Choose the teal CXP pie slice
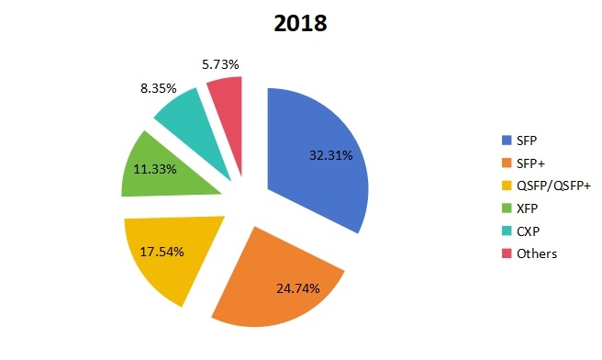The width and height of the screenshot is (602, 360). (x=188, y=119)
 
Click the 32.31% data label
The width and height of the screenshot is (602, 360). (x=327, y=155)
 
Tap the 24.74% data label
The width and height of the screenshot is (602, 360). (x=297, y=287)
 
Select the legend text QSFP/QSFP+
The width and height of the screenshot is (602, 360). (x=554, y=186)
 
